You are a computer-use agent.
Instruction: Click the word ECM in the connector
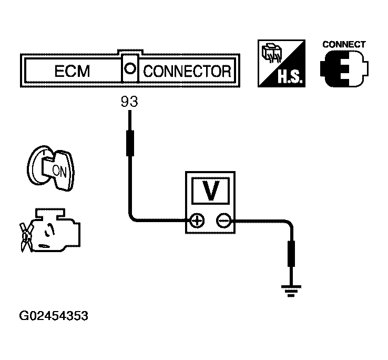click(x=72, y=71)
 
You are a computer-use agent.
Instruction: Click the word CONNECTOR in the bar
click(x=187, y=71)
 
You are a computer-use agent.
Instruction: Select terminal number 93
click(x=129, y=102)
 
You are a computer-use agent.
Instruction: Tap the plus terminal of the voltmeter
click(x=197, y=221)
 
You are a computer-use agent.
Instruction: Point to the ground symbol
click(x=291, y=289)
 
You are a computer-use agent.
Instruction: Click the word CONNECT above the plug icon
click(x=343, y=44)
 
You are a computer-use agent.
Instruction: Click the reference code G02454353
click(x=53, y=316)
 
